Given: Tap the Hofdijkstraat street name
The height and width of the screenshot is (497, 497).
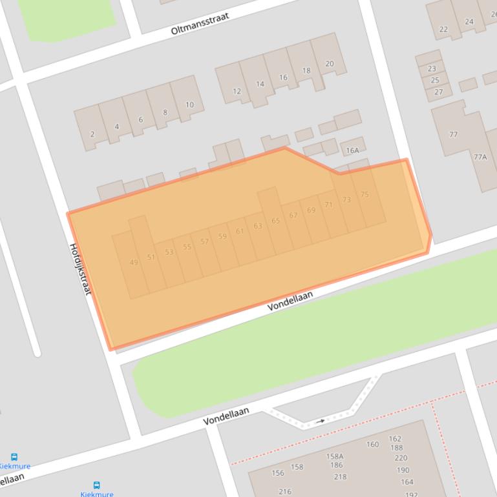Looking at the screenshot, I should tap(80, 269).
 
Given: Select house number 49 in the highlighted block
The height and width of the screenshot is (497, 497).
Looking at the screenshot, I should tap(134, 262).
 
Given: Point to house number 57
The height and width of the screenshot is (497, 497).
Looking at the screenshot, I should tap(204, 241).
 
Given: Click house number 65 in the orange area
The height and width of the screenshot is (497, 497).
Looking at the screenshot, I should tap(275, 221).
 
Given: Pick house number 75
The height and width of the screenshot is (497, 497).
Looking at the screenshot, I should tap(365, 194).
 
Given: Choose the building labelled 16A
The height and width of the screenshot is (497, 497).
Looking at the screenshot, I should tap(352, 150).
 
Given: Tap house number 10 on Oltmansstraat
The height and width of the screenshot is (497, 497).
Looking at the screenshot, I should tap(189, 105).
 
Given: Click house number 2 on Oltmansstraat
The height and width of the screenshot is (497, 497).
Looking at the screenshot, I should tap(92, 134).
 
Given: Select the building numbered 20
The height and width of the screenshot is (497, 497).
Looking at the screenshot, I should tap(330, 63).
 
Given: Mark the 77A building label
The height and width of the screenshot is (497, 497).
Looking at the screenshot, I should tap(480, 157).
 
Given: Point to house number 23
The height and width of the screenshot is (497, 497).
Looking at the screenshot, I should tap(432, 68).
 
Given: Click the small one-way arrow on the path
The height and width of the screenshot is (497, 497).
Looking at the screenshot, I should tap(321, 421).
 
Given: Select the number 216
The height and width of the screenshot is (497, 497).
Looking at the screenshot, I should tap(285, 491).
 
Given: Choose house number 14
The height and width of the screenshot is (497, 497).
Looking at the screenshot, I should tap(260, 84).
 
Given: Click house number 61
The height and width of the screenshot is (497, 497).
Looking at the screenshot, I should tap(240, 231).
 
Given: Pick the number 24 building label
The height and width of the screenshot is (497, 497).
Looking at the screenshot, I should tap(469, 21).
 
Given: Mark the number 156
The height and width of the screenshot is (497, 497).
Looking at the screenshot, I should tap(277, 473).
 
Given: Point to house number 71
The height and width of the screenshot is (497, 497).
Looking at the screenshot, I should tap(329, 205).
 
